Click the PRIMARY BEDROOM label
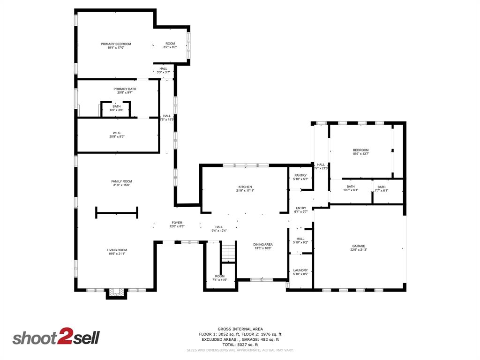pos(116,44)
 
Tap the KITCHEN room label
pos(245,187)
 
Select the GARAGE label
pos(359,246)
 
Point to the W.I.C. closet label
pos(117,133)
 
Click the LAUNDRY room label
pos(300,270)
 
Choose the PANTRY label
pos(300,175)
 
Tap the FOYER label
pos(177,223)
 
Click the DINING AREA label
pos(262,244)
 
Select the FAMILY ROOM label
pos(121,181)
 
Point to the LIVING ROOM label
pos(117,250)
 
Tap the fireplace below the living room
pos(116,293)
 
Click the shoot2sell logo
pos(56,337)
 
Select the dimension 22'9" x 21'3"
pos(359,250)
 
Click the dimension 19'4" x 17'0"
pos(116,48)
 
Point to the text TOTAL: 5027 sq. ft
pos(240,345)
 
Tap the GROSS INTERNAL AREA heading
pos(240,329)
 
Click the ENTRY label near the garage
pos(300,208)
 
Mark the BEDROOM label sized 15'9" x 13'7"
pos(360,150)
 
